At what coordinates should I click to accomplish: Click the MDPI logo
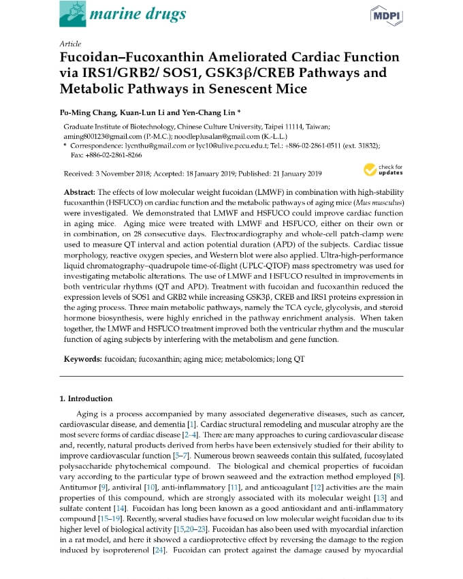coord(386,15)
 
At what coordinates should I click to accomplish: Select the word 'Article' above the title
coord(70,43)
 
